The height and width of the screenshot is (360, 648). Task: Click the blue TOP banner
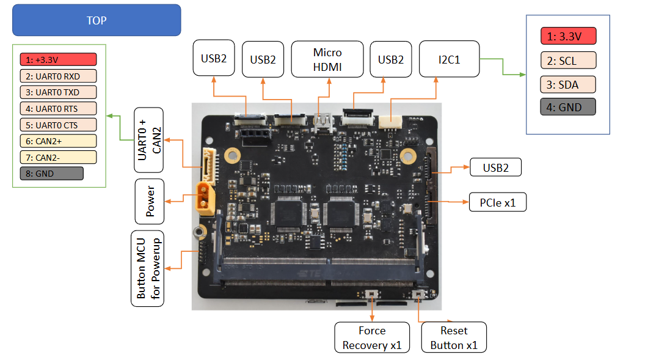[x=96, y=20]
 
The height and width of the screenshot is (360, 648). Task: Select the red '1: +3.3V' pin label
[x=58, y=59]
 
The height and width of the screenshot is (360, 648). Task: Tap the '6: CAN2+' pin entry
[x=58, y=141]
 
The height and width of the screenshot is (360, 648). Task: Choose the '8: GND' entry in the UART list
[x=51, y=174]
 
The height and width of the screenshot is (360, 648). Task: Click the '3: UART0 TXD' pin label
[x=58, y=92]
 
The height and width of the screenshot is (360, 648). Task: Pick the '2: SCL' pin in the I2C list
[x=567, y=60]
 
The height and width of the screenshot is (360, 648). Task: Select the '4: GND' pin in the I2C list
[x=567, y=107]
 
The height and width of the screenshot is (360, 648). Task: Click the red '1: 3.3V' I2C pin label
[x=567, y=36]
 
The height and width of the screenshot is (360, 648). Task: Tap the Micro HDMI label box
[x=327, y=59]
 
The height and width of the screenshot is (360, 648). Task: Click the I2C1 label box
[x=449, y=59]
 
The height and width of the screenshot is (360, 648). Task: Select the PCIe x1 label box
[x=497, y=202]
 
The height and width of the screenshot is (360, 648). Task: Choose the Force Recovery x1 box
[x=372, y=337]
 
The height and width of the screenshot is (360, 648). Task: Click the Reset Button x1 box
[x=453, y=337]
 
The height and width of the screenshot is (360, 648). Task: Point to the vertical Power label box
[x=150, y=201]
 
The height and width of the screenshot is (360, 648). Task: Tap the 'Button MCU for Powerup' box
[x=147, y=268]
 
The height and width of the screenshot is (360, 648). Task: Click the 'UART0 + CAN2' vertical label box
[x=149, y=140]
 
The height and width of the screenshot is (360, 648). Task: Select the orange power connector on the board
[x=206, y=198]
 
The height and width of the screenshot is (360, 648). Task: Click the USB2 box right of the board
[x=495, y=167]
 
